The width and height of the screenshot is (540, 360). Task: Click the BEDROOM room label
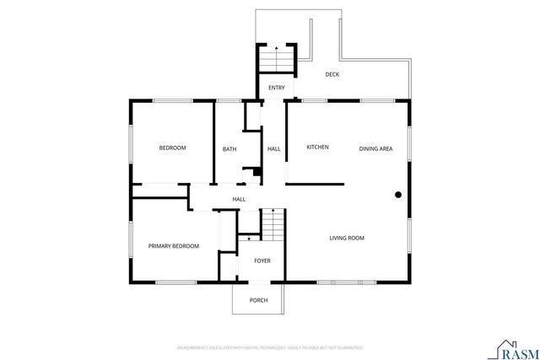(x=173, y=148)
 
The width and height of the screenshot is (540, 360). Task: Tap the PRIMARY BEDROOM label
(x=174, y=246)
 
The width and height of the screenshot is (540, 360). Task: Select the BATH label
(x=229, y=149)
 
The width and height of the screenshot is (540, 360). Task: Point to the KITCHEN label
(x=317, y=148)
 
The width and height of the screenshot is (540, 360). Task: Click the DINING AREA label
(x=375, y=148)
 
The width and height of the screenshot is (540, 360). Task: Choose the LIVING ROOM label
(x=347, y=238)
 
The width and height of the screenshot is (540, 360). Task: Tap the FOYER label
(x=262, y=261)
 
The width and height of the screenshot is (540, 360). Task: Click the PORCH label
(x=258, y=301)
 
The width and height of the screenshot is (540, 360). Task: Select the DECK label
(x=332, y=74)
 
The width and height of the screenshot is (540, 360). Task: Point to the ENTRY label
(x=277, y=88)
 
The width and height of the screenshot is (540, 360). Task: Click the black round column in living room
(x=397, y=195)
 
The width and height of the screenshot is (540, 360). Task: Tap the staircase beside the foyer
(x=272, y=223)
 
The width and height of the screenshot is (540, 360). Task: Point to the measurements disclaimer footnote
(x=270, y=347)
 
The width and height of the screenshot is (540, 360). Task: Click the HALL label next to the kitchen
(x=274, y=149)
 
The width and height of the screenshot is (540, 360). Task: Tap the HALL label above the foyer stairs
(x=240, y=199)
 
